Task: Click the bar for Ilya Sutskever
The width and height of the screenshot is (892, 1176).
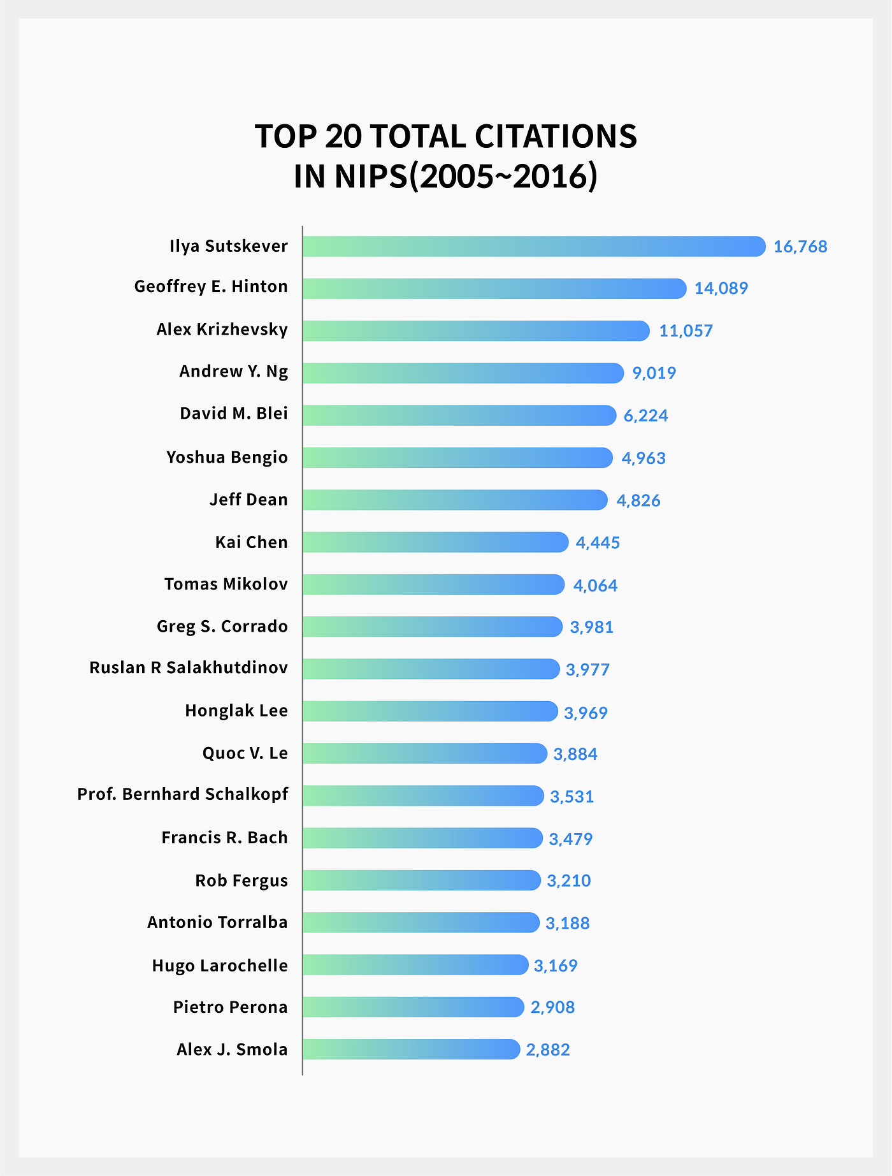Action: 534,246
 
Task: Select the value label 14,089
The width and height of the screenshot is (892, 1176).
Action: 721,289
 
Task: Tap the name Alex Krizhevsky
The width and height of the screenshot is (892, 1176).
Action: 222,330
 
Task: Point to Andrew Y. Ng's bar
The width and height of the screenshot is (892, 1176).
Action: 463,373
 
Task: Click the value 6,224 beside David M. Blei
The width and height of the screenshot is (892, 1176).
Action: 645,416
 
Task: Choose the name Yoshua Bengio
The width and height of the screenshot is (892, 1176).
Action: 227,458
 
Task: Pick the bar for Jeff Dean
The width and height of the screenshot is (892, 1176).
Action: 455,500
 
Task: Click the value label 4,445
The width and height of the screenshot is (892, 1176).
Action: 598,542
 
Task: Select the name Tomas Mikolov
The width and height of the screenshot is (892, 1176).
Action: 226,584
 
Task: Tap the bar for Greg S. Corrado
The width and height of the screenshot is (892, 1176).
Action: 433,627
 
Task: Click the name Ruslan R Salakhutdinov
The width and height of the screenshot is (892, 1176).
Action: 189,668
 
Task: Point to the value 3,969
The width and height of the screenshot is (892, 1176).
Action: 586,712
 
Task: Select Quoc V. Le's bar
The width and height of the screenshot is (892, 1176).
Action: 425,753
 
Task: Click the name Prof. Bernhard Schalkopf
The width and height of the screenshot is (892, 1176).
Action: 183,794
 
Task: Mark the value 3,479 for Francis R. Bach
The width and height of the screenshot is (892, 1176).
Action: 570,839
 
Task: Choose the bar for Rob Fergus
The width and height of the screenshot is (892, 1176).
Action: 422,880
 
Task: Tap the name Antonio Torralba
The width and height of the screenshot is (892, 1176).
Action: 217,922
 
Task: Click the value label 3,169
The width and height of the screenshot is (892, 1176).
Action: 556,966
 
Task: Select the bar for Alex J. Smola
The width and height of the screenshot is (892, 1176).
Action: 412,1049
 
